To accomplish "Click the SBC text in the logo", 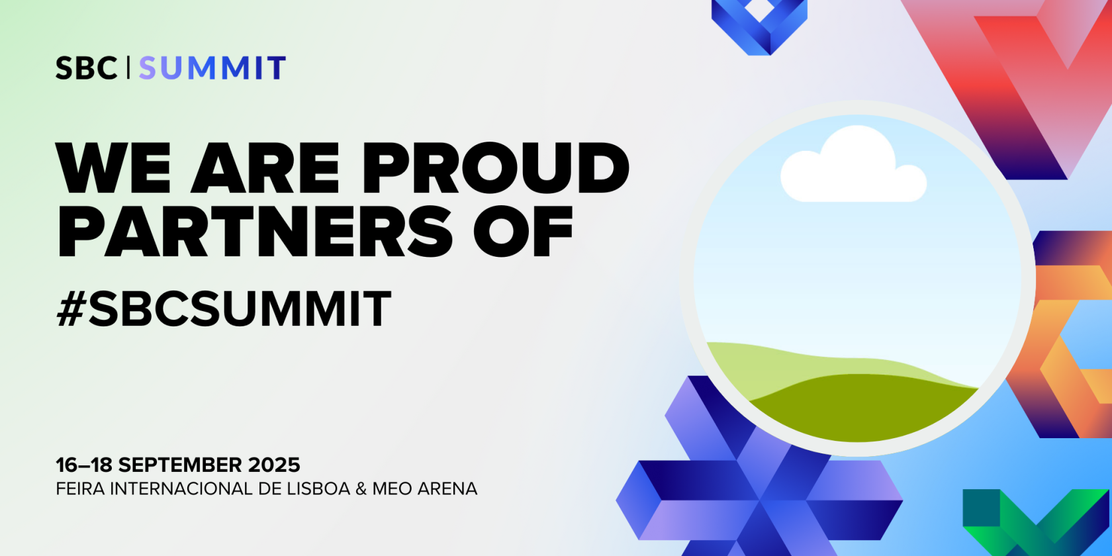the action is [86, 68].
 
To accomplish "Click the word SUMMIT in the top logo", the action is [212, 68].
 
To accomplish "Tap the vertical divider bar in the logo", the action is [128, 68].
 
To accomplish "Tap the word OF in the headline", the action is [523, 232].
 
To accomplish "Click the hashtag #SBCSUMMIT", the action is [224, 308].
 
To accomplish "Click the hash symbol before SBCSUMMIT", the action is [71, 308].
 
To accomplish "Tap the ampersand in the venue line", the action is [361, 489].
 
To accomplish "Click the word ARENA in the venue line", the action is [447, 489].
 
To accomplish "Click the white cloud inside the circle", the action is [853, 164].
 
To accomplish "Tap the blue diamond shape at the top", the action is [759, 25].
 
